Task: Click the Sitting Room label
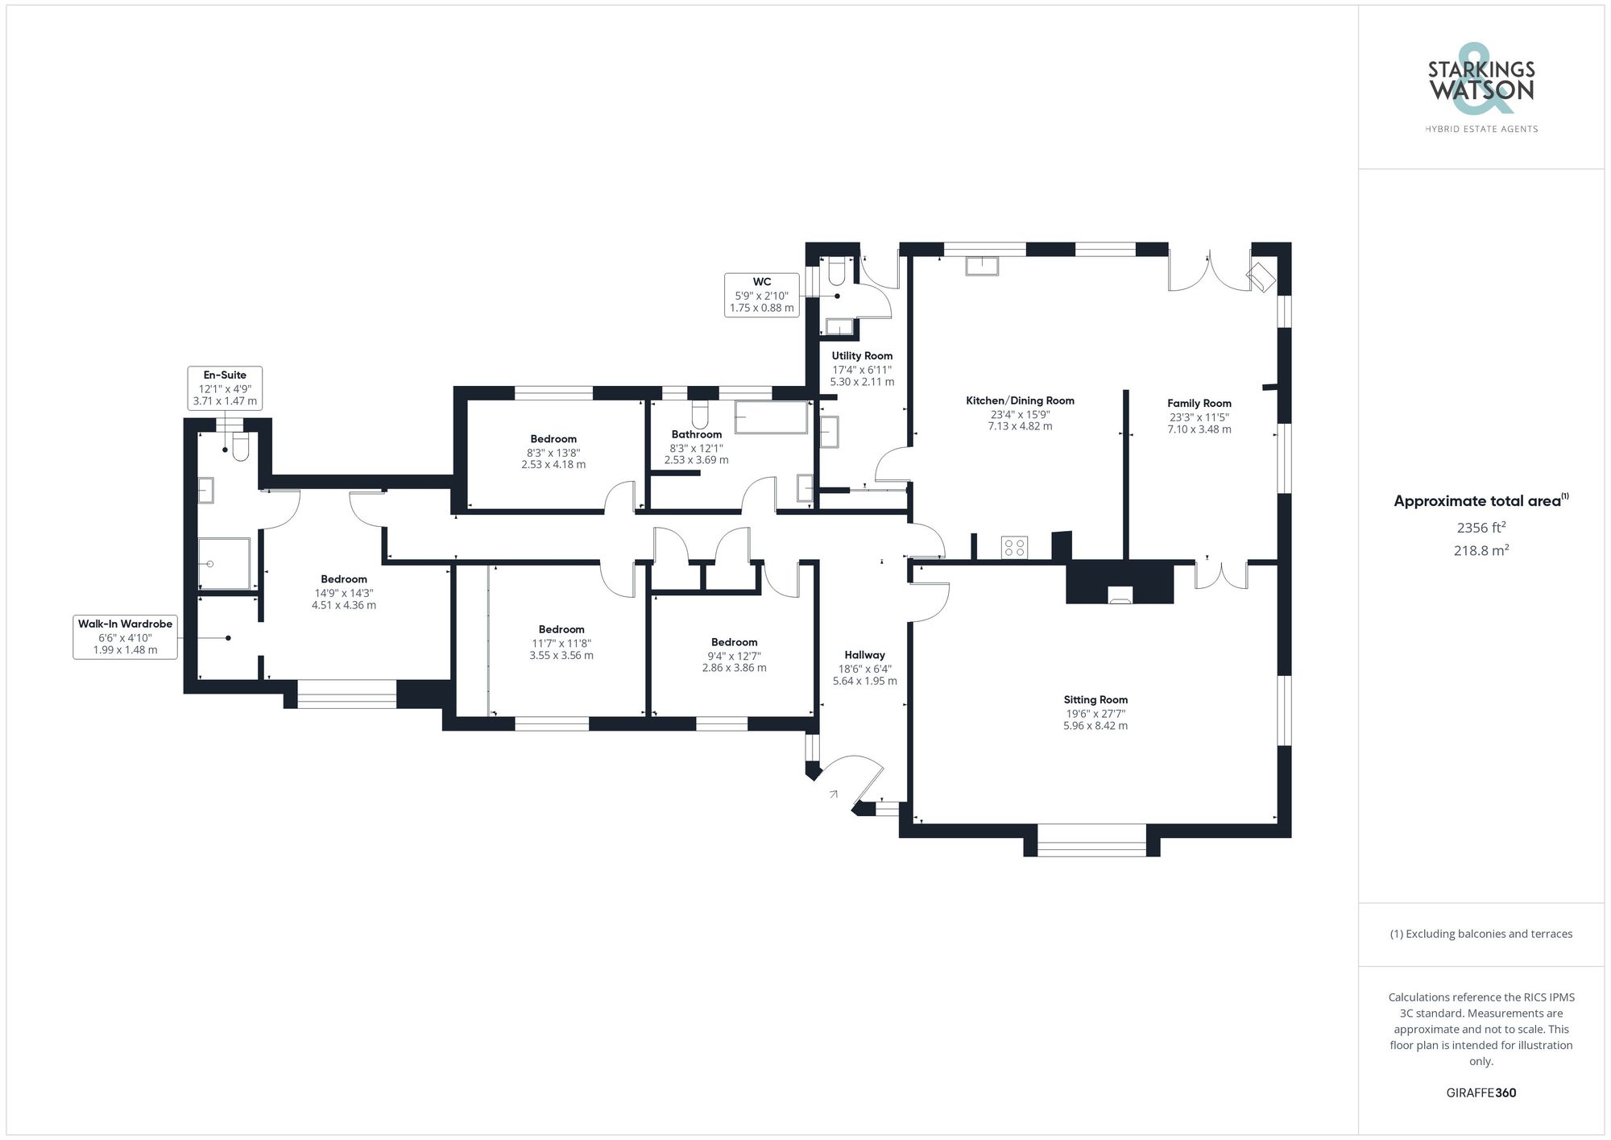pyautogui.click(x=1095, y=699)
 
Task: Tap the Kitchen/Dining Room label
pyautogui.click(x=1020, y=400)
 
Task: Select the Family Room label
pyautogui.click(x=1199, y=403)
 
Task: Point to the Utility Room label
pyautogui.click(x=862, y=355)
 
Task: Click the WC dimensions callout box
pyautogui.click(x=762, y=295)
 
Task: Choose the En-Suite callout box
pyautogui.click(x=225, y=388)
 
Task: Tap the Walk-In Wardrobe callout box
pyautogui.click(x=125, y=636)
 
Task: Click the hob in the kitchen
pyautogui.click(x=1014, y=548)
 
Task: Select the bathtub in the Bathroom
pyautogui.click(x=771, y=417)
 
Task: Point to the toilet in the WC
pyautogui.click(x=835, y=272)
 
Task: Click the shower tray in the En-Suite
pyautogui.click(x=224, y=563)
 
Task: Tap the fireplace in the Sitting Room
pyautogui.click(x=1120, y=595)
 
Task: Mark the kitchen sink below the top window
pyautogui.click(x=982, y=265)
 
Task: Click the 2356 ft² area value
pyautogui.click(x=1481, y=529)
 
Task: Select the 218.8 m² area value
pyautogui.click(x=1481, y=551)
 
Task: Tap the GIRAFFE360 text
pyautogui.click(x=1481, y=1093)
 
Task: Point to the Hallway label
pyautogui.click(x=864, y=655)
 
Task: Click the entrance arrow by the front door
pyautogui.click(x=833, y=794)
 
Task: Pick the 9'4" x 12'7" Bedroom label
pyautogui.click(x=734, y=642)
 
